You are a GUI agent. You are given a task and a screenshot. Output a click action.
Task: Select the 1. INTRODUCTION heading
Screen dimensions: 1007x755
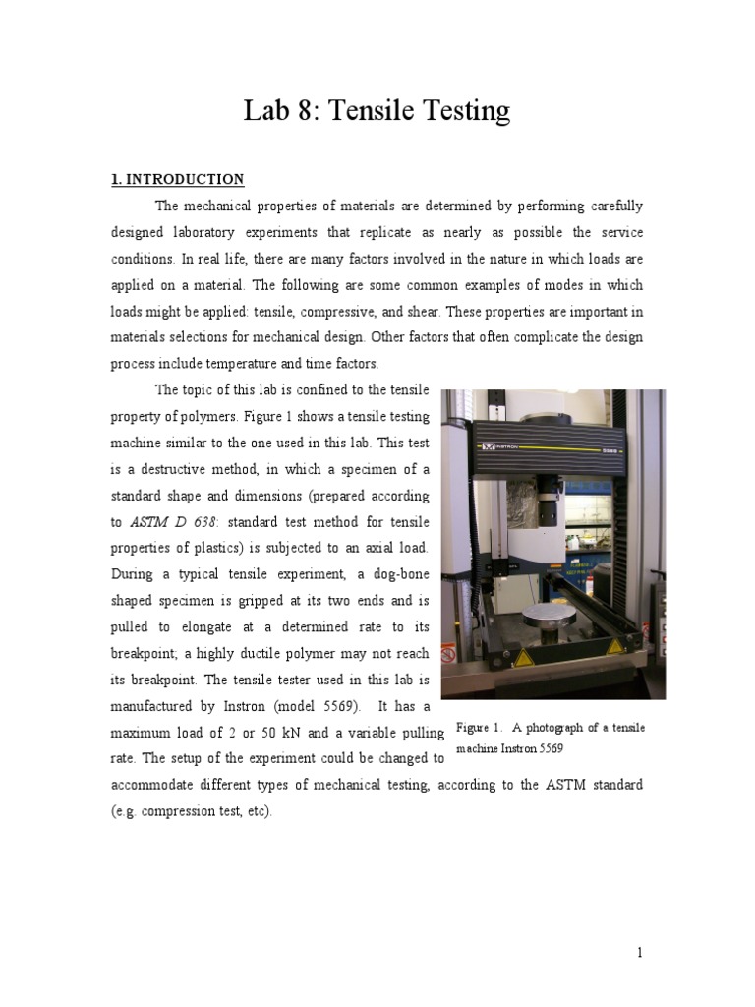[x=177, y=179]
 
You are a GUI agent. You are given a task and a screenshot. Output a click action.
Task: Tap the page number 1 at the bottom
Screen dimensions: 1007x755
[x=639, y=953]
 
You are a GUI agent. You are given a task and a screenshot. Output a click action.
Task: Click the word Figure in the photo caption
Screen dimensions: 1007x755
[x=475, y=728]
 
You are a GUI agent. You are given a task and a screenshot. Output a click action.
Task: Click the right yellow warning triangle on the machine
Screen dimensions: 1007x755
[x=616, y=646]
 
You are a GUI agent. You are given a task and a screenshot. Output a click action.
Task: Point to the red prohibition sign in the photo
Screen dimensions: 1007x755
[x=449, y=653]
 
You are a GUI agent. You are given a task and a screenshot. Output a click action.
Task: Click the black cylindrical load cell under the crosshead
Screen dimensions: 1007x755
[x=549, y=489]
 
